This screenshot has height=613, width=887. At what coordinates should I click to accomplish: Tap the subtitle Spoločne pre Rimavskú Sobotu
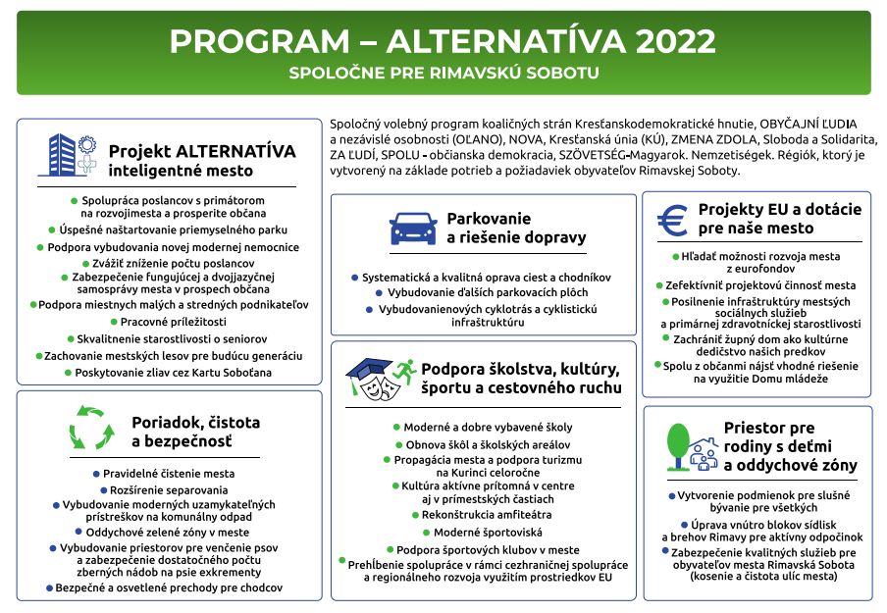point(443,74)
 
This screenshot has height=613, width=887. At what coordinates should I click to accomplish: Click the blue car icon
point(413,228)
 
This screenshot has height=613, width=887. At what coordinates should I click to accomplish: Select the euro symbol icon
point(673,220)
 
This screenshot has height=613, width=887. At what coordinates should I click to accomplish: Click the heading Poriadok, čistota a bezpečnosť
point(195,433)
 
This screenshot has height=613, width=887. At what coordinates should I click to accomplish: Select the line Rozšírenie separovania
point(169,489)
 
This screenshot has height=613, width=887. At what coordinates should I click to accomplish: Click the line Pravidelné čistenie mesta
point(169,473)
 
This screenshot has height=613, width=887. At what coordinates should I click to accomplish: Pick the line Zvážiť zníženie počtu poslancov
point(169,264)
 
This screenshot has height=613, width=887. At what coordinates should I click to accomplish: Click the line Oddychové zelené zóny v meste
point(169,531)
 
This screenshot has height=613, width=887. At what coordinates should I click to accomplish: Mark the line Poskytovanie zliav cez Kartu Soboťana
point(168,373)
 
